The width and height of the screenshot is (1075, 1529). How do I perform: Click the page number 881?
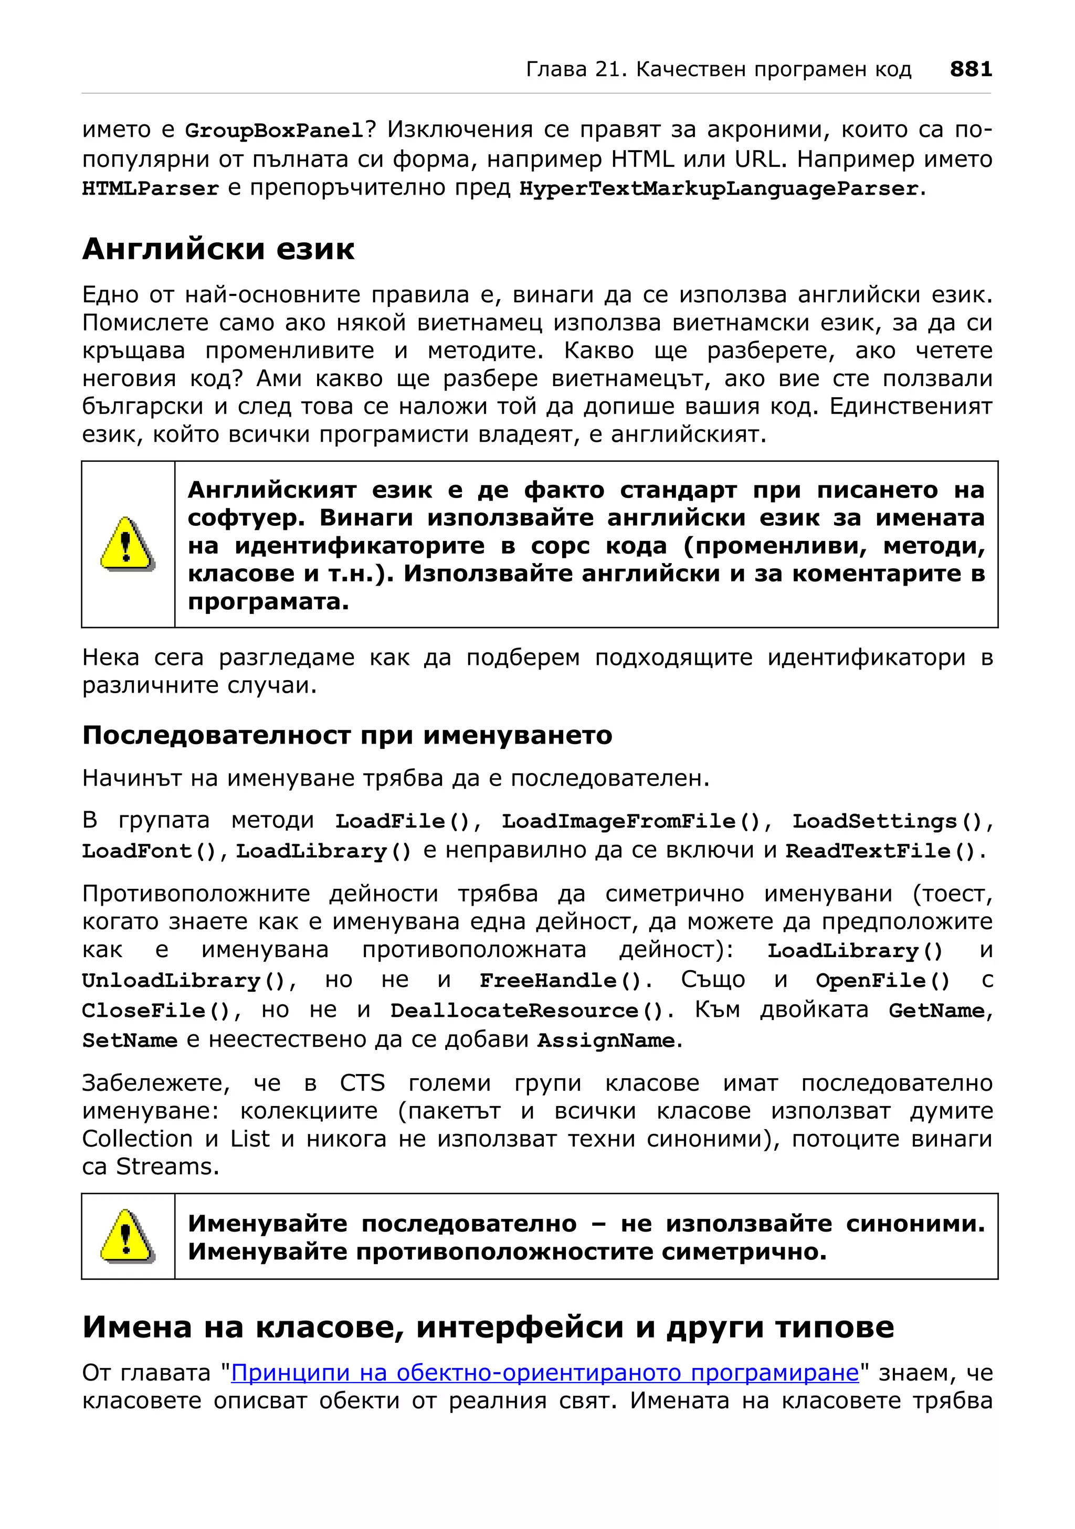(971, 69)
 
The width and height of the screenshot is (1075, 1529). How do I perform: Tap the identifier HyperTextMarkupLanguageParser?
(719, 189)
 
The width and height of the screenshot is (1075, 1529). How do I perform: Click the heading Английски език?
(218, 249)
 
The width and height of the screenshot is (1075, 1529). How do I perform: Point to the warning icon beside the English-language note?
(127, 544)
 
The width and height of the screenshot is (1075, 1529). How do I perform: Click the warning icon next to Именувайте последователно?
(127, 1236)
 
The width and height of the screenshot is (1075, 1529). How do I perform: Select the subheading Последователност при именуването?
(347, 735)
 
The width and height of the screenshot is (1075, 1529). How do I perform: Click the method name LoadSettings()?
(887, 821)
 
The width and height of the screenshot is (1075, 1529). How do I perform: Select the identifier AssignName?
(606, 1040)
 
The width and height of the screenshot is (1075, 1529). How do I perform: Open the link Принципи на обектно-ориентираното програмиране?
(545, 1373)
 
